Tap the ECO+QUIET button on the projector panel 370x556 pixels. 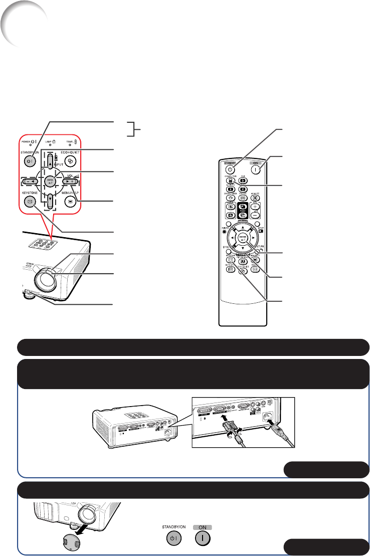pyautogui.click(x=71, y=162)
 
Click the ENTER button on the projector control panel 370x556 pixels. pyautogui.click(x=50, y=180)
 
